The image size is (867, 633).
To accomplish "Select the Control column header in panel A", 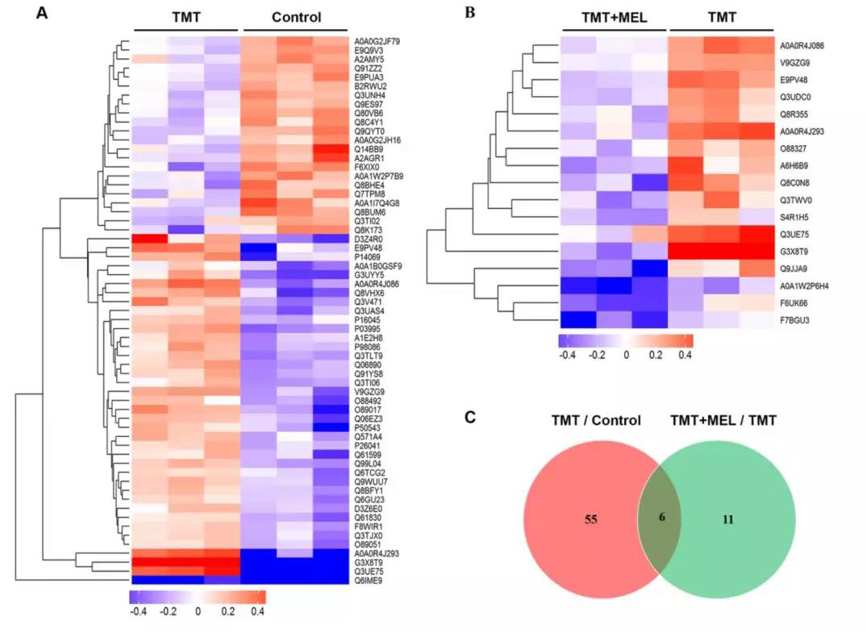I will tap(296, 17).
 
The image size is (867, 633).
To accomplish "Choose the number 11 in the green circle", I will tap(727, 519).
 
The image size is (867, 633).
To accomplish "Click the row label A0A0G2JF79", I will tap(377, 40).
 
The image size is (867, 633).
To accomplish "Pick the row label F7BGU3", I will tap(793, 320).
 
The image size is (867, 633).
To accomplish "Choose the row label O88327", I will tap(793, 149).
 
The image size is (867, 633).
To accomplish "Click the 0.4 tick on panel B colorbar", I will tap(685, 353).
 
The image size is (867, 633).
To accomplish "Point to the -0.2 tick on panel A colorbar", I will tap(168, 610).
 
